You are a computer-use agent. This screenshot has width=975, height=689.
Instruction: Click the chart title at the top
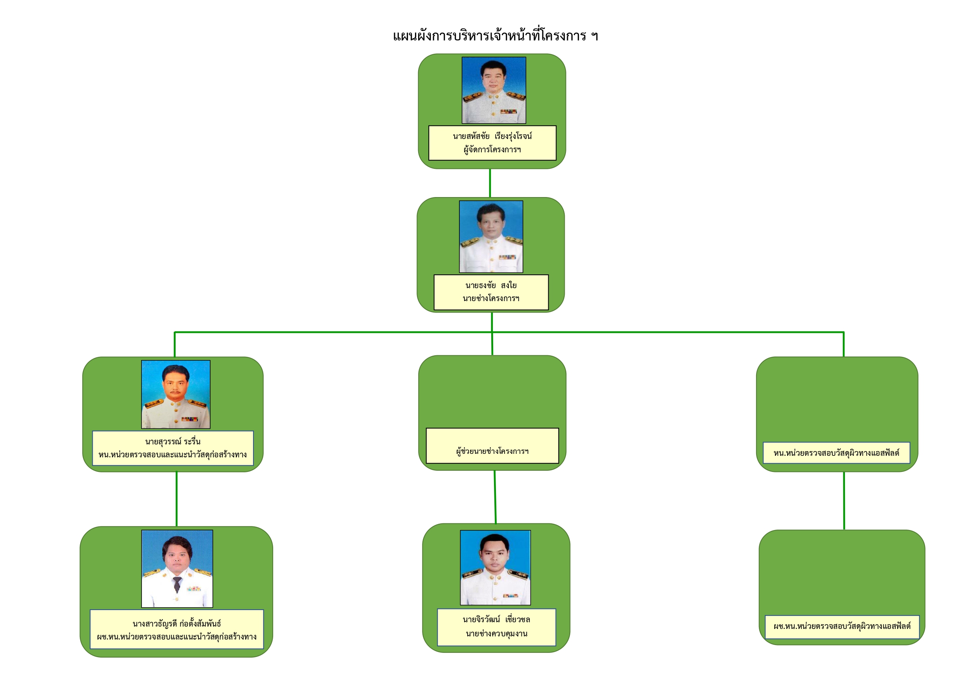496,36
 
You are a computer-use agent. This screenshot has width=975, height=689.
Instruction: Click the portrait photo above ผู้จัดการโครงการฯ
494,90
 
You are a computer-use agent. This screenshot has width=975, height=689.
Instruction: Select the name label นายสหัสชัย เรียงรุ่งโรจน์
492,136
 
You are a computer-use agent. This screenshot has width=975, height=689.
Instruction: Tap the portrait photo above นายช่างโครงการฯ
491,237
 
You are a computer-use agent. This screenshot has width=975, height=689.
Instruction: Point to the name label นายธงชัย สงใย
491,285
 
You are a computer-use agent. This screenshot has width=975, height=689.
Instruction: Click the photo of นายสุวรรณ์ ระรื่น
176,395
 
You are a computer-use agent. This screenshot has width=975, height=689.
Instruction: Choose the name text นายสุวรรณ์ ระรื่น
173,442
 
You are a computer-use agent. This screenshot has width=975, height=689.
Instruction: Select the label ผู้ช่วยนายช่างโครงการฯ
492,451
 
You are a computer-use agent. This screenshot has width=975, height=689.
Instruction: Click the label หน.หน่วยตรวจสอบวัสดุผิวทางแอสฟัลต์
837,453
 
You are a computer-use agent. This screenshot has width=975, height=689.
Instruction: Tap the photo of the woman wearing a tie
177,568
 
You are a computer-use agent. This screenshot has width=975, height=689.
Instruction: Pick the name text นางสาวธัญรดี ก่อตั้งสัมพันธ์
177,624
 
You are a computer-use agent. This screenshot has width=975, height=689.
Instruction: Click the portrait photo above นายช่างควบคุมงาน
496,568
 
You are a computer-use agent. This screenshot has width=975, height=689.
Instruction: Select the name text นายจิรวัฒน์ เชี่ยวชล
496,620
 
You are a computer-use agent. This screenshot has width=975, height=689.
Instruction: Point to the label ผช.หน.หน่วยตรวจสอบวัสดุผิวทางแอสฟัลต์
842,626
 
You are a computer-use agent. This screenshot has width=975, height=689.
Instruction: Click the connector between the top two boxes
490,183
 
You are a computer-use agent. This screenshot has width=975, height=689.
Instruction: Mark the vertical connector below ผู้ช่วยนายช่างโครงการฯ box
495,497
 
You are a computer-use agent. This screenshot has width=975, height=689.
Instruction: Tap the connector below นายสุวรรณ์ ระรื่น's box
177,499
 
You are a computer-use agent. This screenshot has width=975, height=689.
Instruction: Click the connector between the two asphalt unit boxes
844,501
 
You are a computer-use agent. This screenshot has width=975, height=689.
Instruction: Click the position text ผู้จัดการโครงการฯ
492,149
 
